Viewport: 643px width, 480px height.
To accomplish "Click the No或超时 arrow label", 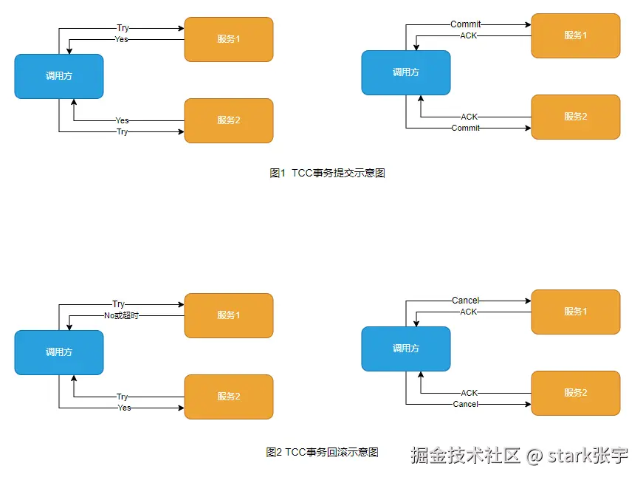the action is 121,315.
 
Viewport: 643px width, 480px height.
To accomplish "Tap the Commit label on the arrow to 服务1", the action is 465,24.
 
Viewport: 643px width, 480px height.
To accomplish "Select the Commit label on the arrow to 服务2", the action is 465,128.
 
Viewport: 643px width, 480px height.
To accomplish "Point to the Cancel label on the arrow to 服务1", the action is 465,301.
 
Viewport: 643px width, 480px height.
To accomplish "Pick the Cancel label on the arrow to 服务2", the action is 465,404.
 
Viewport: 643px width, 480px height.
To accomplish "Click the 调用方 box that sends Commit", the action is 406,72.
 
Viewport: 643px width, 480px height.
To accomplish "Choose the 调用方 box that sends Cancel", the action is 406,349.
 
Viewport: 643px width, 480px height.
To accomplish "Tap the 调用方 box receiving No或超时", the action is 59,352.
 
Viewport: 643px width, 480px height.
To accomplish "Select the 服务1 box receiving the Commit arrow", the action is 576,35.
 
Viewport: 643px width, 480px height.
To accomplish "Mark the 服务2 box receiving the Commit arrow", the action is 576,117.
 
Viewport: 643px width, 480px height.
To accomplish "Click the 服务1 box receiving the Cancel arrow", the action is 576,312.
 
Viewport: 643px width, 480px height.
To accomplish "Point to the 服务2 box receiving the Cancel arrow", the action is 576,393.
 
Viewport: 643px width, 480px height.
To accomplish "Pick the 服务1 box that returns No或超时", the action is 229,315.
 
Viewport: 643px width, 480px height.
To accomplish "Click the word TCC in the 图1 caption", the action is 302,173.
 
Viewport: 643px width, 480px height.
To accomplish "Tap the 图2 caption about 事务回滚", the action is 322,452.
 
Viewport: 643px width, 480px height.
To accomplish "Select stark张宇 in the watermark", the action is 588,456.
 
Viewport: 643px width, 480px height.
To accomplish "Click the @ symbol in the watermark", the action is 534,456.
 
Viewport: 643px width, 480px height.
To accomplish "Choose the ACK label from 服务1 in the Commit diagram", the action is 468,35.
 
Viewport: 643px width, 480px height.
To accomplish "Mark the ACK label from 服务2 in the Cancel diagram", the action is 469,393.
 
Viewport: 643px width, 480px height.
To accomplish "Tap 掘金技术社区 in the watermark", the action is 465,456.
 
